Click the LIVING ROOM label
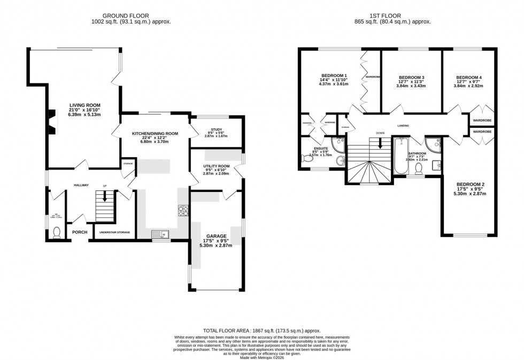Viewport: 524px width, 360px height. point(84,105)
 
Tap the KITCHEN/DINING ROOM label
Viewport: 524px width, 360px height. point(155,134)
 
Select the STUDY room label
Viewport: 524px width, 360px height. point(217,128)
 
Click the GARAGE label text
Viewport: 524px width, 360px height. point(216,236)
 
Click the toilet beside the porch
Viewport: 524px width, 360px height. point(56,233)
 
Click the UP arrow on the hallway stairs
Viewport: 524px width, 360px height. point(105,196)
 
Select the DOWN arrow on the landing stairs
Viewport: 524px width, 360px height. point(380,143)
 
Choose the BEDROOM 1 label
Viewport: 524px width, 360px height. point(334,75)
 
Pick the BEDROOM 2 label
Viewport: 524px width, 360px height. point(470,185)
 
